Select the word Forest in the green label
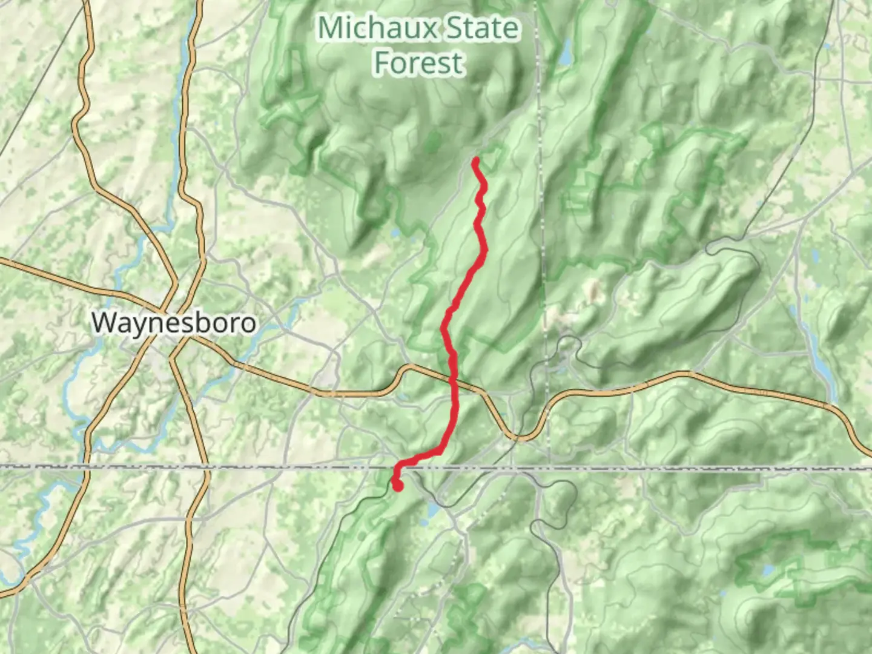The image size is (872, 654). point(418,63)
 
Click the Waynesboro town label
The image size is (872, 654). point(174,322)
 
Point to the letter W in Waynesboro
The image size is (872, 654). point(104,322)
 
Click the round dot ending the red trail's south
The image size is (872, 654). point(398,485)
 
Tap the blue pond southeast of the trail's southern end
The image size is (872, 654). point(434,510)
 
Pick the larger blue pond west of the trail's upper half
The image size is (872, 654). point(395,232)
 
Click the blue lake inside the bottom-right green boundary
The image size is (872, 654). point(768,570)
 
